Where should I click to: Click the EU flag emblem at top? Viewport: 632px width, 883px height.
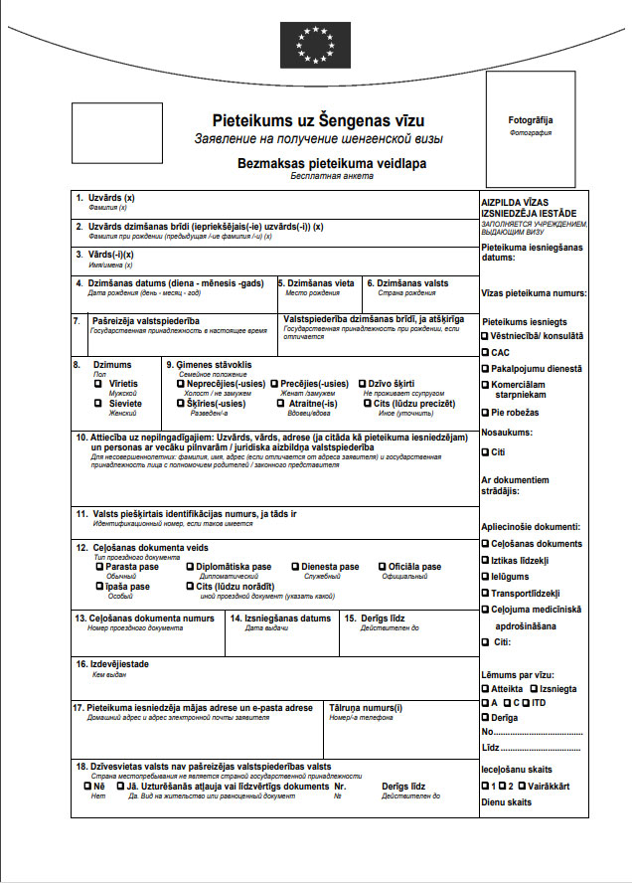[x=315, y=44]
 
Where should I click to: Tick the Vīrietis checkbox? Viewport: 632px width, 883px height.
[x=98, y=384]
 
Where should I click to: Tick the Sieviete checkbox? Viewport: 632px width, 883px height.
[x=98, y=404]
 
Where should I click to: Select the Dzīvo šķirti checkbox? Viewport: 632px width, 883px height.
[x=362, y=384]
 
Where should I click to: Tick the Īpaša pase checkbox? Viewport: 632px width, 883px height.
[x=98, y=587]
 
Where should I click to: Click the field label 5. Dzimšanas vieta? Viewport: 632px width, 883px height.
[x=316, y=283]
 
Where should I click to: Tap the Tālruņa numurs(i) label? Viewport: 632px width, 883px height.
[x=365, y=708]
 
